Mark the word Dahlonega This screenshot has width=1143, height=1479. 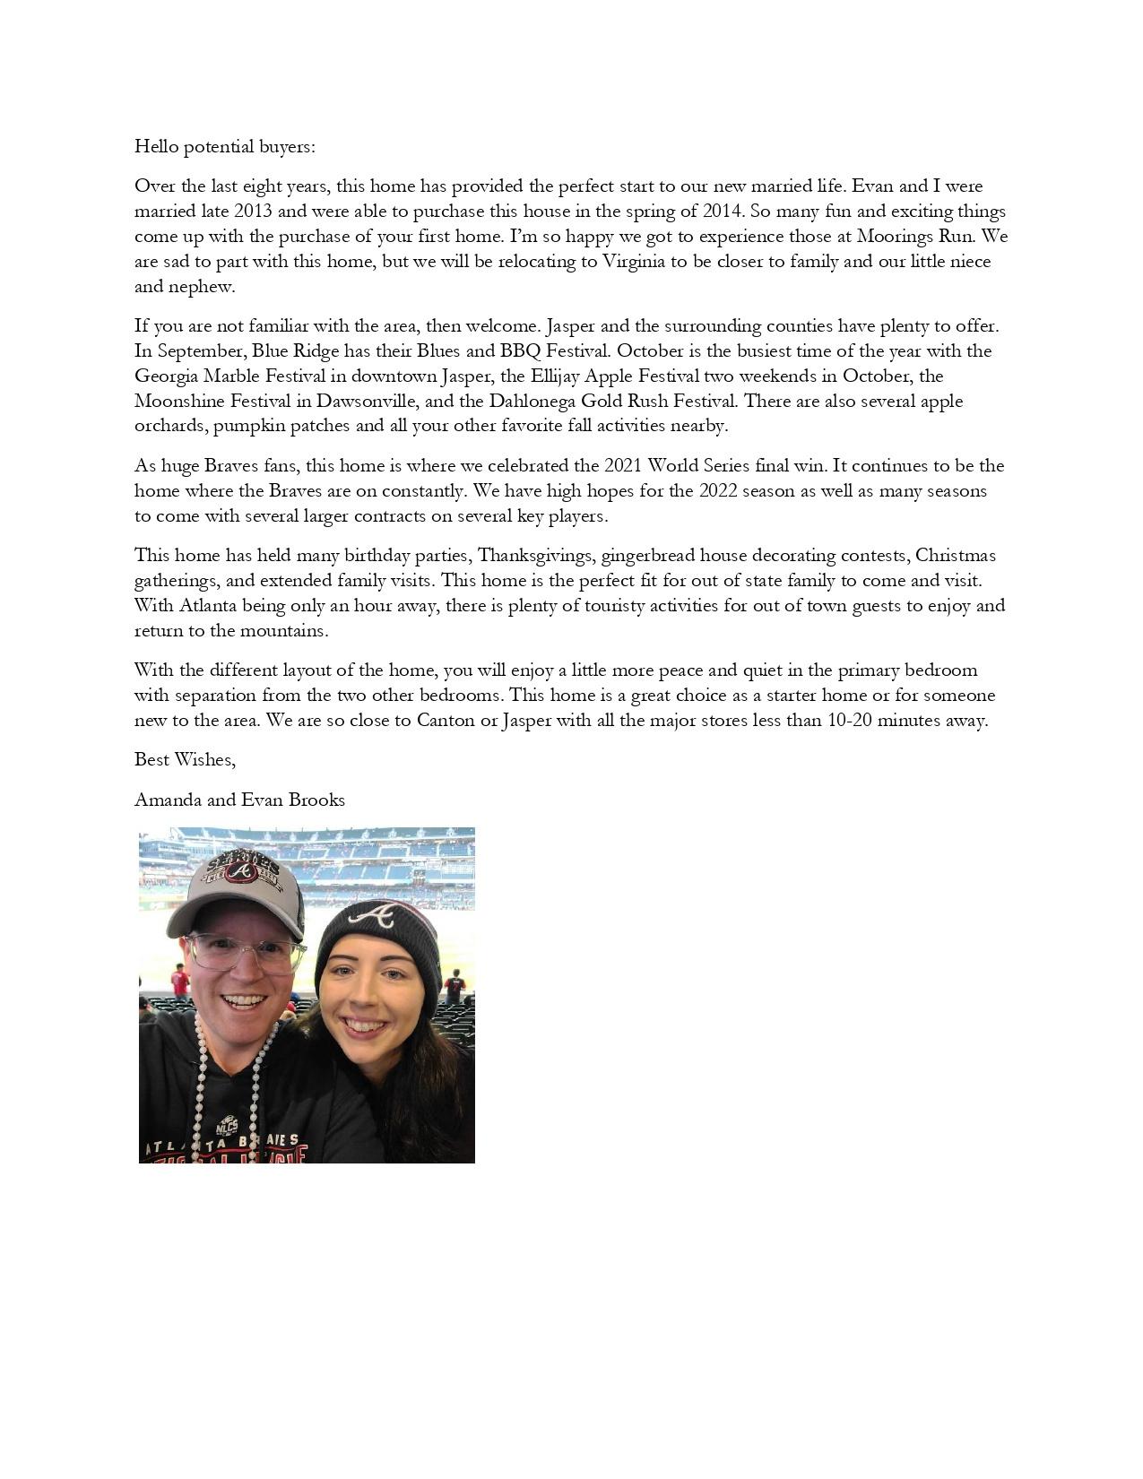click(x=533, y=401)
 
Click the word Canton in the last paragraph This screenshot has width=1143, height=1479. click(x=446, y=720)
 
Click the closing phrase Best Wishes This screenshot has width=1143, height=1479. click(x=185, y=759)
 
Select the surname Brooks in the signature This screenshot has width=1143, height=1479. click(x=317, y=800)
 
